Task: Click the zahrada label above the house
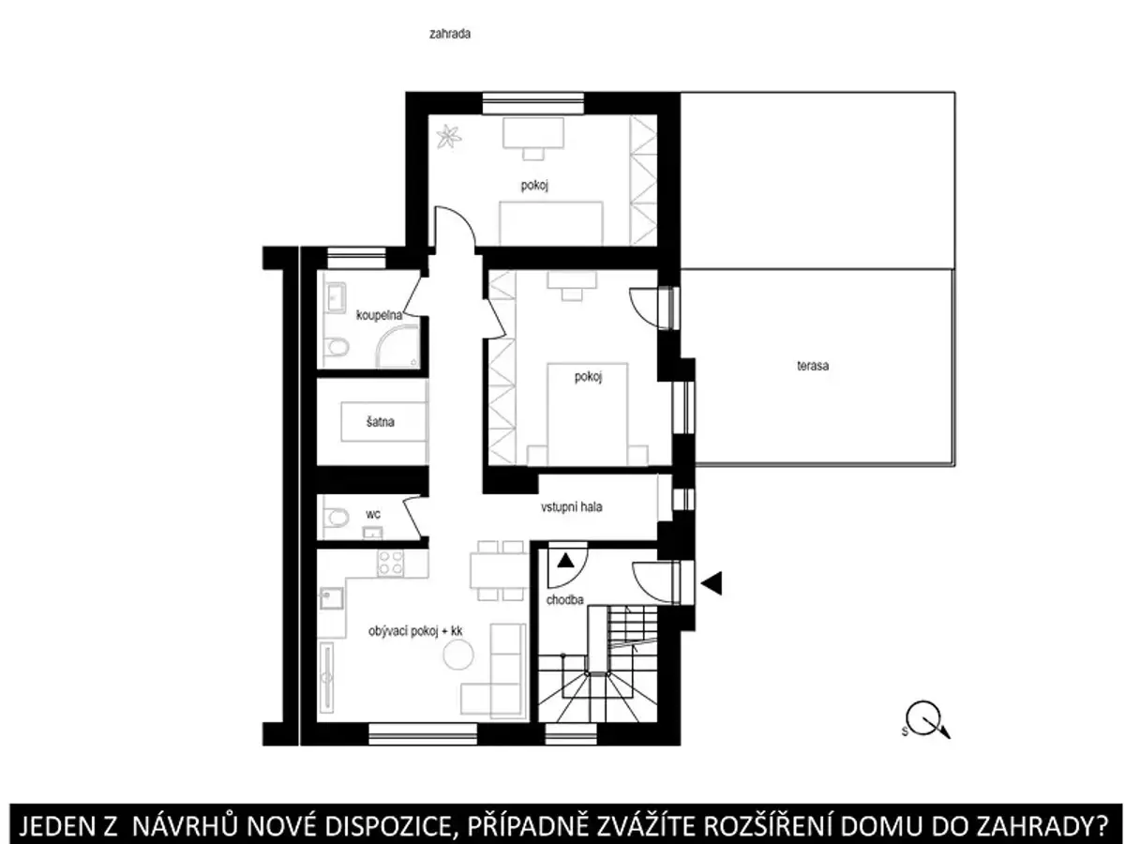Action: [449, 34]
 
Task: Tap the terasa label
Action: [813, 366]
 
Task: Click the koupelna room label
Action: [379, 315]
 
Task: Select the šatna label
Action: [381, 422]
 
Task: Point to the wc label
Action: [372, 514]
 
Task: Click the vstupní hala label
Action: [571, 506]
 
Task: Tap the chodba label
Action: [564, 599]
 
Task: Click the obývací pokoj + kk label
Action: [415, 631]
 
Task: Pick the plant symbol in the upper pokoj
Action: [448, 137]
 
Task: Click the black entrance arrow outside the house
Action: [712, 582]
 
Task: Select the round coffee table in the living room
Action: [458, 656]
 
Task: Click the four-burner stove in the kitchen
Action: [390, 564]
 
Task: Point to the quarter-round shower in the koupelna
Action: [397, 349]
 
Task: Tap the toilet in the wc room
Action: [337, 518]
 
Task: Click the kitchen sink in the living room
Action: [332, 597]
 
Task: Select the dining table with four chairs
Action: [499, 571]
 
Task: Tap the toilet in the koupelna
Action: [337, 348]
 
